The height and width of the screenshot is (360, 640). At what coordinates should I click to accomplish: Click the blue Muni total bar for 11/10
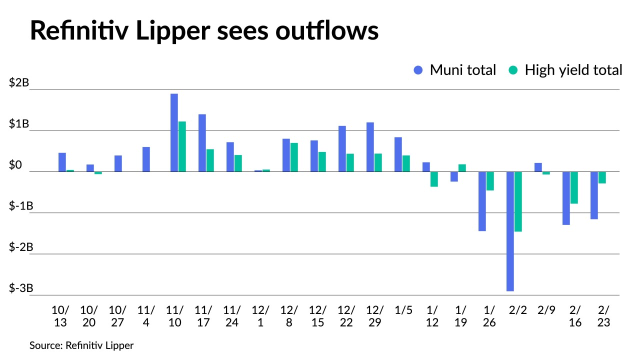point(174,132)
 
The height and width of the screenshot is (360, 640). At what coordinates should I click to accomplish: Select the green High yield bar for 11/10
point(182,146)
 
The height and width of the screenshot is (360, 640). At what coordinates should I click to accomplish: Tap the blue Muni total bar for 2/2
point(510,231)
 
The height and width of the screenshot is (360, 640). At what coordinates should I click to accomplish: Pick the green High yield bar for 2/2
point(518,201)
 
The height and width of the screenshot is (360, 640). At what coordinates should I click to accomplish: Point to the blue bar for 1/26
point(482,201)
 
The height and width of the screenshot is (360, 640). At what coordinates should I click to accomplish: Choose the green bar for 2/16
point(574,187)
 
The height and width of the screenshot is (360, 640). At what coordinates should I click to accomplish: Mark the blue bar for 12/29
point(370,147)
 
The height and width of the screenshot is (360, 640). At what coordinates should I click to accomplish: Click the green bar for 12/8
point(294,157)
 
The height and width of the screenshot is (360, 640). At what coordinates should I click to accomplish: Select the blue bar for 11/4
point(146,159)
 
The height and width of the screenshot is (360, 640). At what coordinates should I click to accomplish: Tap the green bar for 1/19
point(462,168)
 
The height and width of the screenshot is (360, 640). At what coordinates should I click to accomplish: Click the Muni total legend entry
point(455,70)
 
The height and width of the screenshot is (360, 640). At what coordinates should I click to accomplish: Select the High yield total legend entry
point(565,70)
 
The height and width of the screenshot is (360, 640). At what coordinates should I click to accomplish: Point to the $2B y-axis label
point(18,83)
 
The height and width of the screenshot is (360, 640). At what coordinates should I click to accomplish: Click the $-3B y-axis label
point(20,288)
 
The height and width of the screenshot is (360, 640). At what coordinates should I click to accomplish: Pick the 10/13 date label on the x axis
point(60,316)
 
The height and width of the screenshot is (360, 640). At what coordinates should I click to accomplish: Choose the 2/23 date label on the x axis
point(603,316)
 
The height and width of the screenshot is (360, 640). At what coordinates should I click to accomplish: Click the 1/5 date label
point(403,310)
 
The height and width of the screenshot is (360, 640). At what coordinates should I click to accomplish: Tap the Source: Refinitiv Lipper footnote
point(81,345)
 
